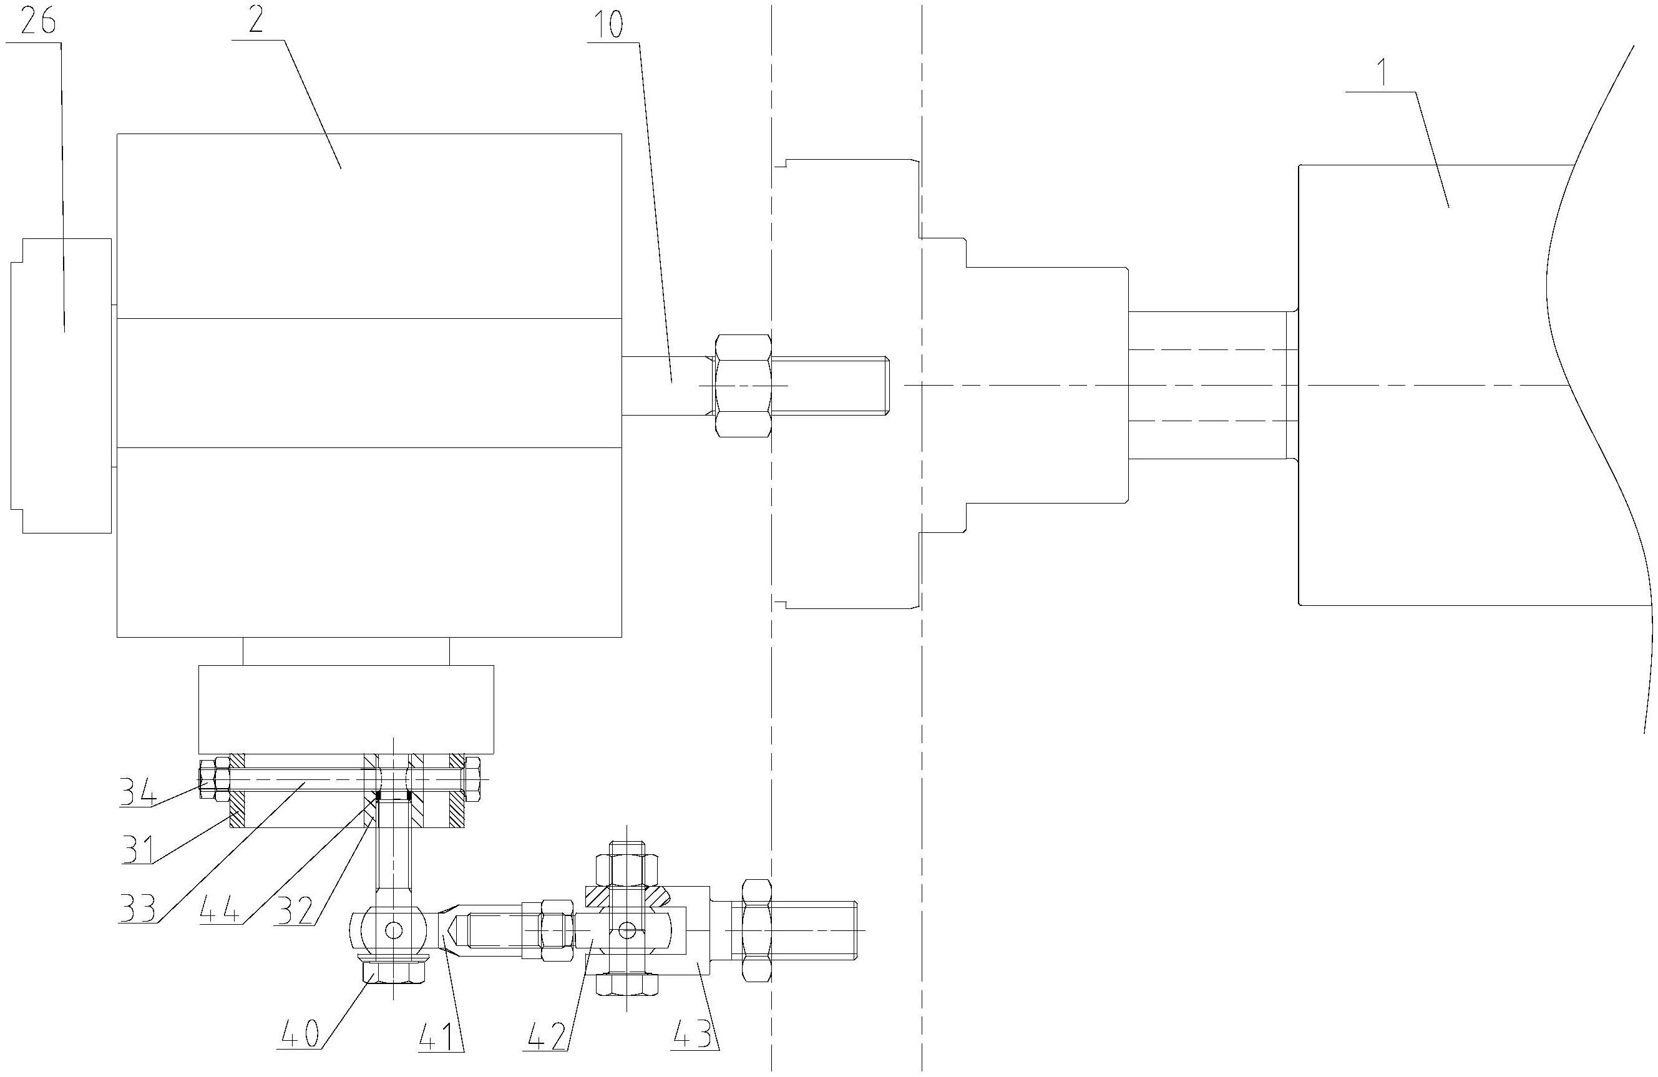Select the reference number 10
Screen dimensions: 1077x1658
click(x=609, y=25)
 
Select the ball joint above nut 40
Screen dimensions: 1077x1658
click(x=394, y=929)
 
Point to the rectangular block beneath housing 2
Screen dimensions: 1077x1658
click(x=346, y=709)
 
